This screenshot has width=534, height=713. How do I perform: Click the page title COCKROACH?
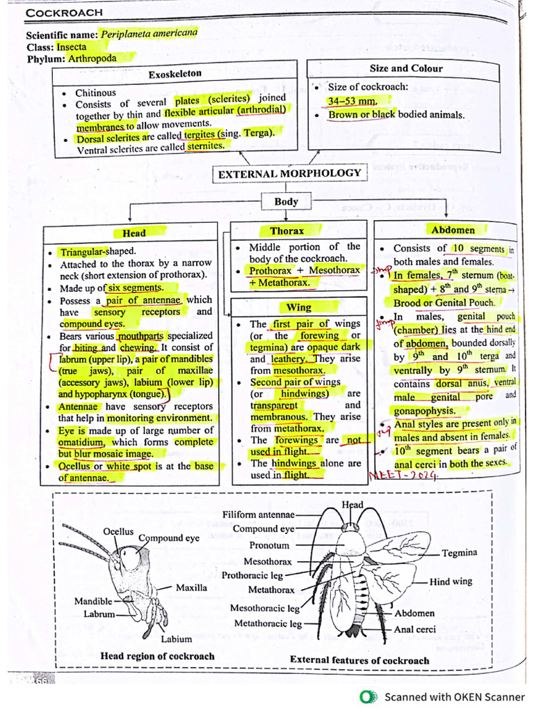click(64, 13)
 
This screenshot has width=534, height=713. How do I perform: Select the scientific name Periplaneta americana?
click(149, 33)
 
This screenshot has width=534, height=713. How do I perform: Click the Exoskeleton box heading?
click(175, 73)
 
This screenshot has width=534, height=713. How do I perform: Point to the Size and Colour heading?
click(405, 68)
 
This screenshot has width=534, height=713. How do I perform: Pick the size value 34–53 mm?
click(352, 102)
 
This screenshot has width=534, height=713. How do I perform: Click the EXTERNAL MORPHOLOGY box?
click(289, 173)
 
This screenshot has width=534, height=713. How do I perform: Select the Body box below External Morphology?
click(286, 202)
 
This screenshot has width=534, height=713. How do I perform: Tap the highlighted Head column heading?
click(134, 233)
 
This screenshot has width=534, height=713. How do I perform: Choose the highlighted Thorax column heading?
click(286, 230)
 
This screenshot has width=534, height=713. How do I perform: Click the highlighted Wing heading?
click(298, 307)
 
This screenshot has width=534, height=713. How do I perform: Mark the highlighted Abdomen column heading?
click(453, 230)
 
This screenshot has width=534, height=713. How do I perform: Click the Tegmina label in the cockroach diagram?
click(460, 553)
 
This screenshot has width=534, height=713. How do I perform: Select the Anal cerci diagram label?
click(415, 629)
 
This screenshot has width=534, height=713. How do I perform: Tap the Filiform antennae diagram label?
click(259, 515)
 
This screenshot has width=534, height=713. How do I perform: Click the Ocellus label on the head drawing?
click(118, 531)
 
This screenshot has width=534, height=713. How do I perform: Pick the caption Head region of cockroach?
click(157, 656)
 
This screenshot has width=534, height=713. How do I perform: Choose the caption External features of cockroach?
click(359, 660)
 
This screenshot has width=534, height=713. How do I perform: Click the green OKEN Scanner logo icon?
click(366, 696)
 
